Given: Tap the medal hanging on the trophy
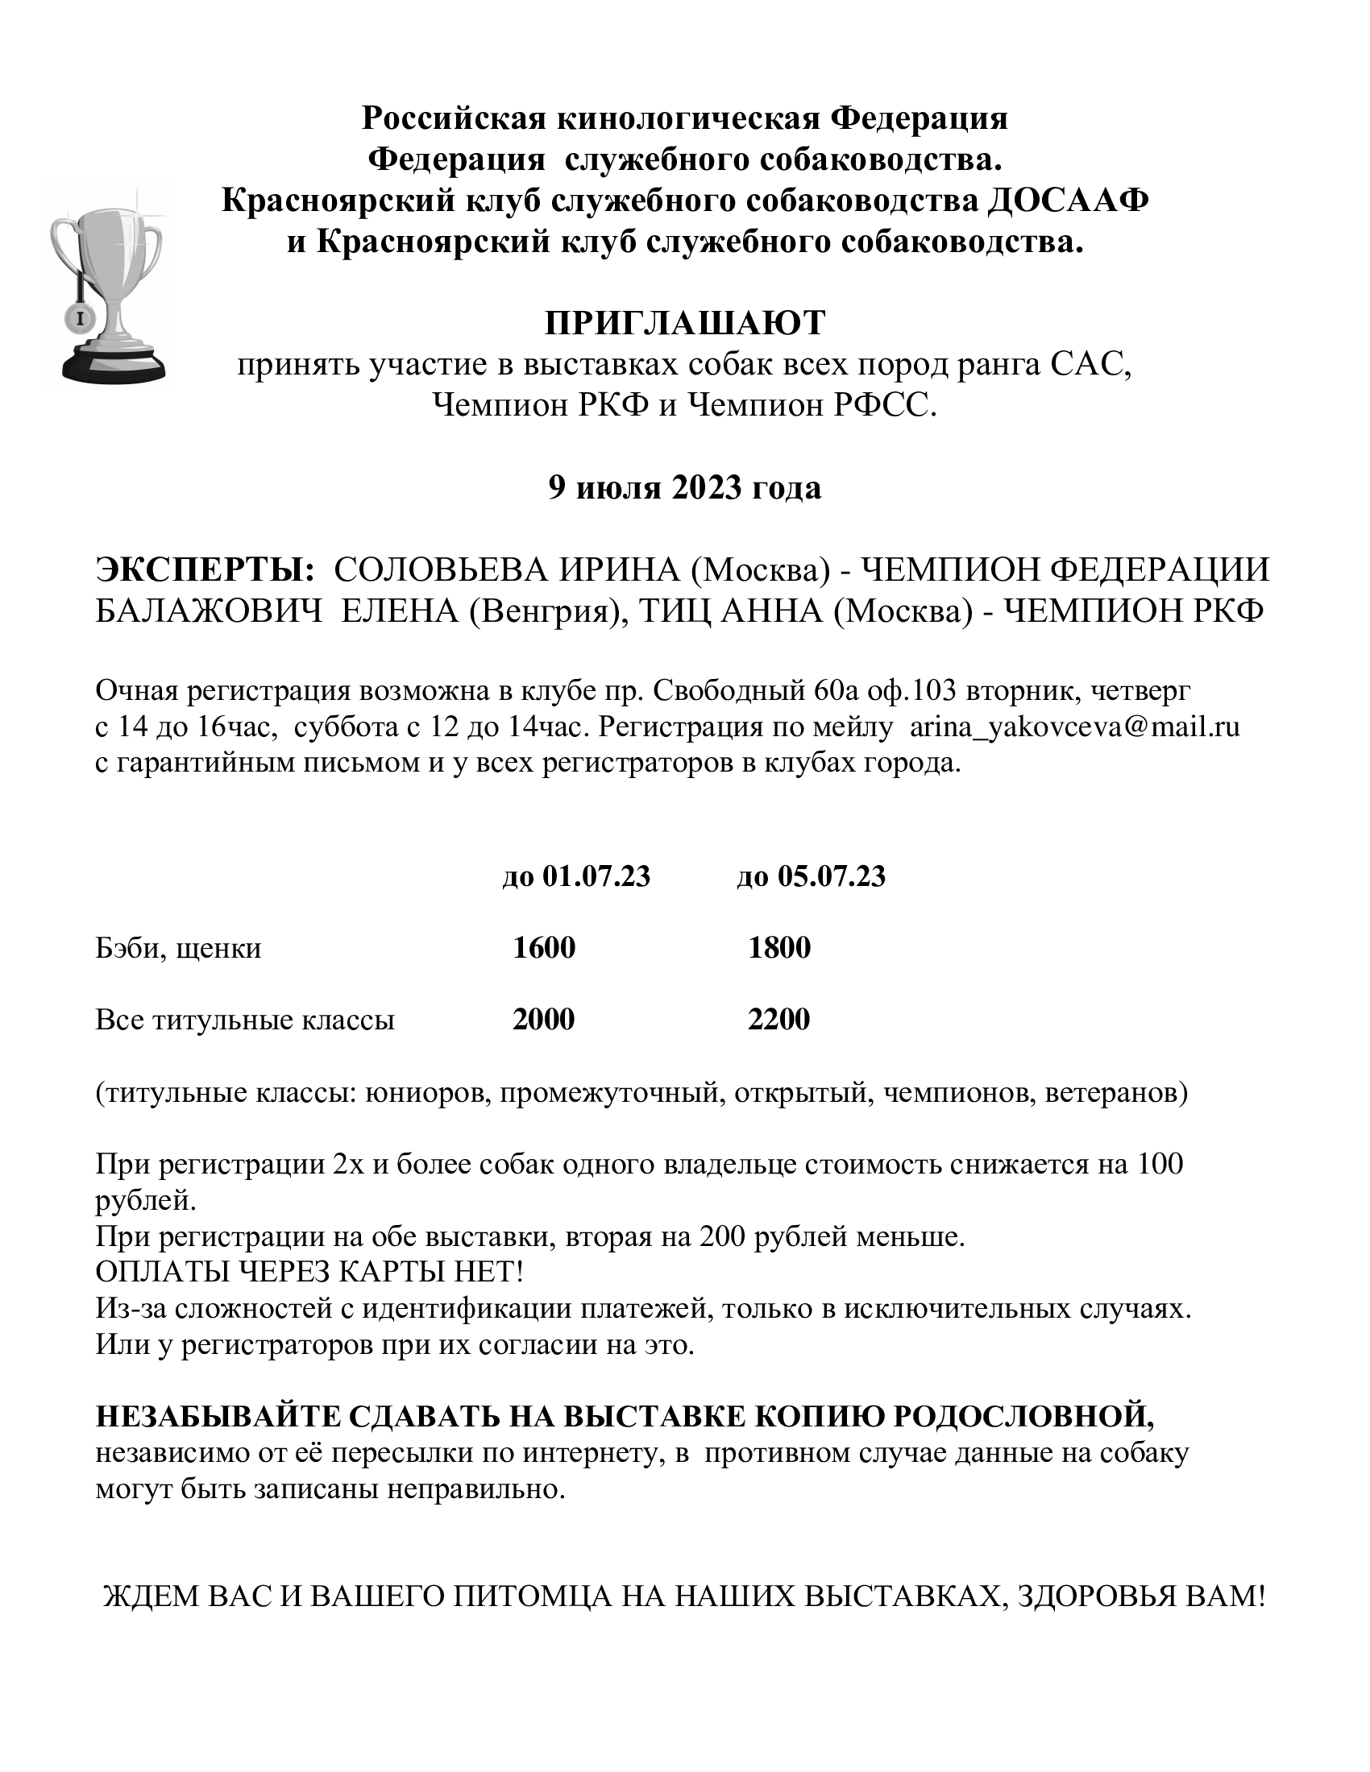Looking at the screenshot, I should (x=81, y=318).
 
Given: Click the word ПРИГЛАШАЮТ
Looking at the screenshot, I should (x=684, y=323).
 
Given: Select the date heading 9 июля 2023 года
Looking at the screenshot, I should (x=684, y=487).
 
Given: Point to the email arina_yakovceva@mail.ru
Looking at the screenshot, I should (x=1074, y=727).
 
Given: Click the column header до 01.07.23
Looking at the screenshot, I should (x=576, y=876).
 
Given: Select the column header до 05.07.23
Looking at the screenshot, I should (x=811, y=876).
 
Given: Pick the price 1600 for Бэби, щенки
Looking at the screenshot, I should (x=544, y=948).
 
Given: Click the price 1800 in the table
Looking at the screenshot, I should (x=779, y=948).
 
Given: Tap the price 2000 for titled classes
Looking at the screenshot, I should (x=544, y=1019).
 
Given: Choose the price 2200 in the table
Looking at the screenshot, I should (x=779, y=1019).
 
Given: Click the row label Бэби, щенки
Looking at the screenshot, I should (x=179, y=949).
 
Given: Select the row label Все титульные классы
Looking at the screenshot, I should (x=245, y=1020).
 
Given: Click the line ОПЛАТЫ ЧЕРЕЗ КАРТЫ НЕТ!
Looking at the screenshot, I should (x=309, y=1272).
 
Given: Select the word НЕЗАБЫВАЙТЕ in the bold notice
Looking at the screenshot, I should (x=217, y=1417).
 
